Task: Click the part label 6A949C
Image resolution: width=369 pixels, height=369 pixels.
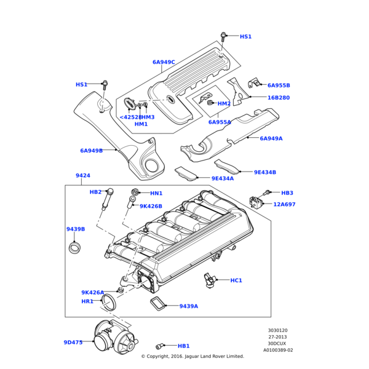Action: (x=164, y=62)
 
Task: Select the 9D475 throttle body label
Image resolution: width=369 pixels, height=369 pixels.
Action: (x=73, y=343)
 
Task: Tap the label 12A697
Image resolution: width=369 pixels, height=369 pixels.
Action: (x=284, y=204)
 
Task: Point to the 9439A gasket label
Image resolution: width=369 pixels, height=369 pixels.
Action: (x=188, y=306)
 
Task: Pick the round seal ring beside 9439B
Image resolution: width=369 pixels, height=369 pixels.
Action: (x=74, y=248)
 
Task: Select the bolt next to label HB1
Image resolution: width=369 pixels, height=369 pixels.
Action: (x=162, y=346)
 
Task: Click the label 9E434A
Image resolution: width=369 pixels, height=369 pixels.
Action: (x=223, y=179)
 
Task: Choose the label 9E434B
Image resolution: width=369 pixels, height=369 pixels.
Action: (x=265, y=173)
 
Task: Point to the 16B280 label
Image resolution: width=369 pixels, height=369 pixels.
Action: (x=279, y=98)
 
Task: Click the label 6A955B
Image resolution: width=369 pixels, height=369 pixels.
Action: (x=279, y=85)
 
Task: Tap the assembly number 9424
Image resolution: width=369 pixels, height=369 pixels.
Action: (x=83, y=176)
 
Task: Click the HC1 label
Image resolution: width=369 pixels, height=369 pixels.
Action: (x=236, y=280)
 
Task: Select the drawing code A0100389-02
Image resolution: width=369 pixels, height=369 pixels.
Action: (x=278, y=350)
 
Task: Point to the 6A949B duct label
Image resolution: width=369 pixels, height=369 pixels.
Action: (x=91, y=151)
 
